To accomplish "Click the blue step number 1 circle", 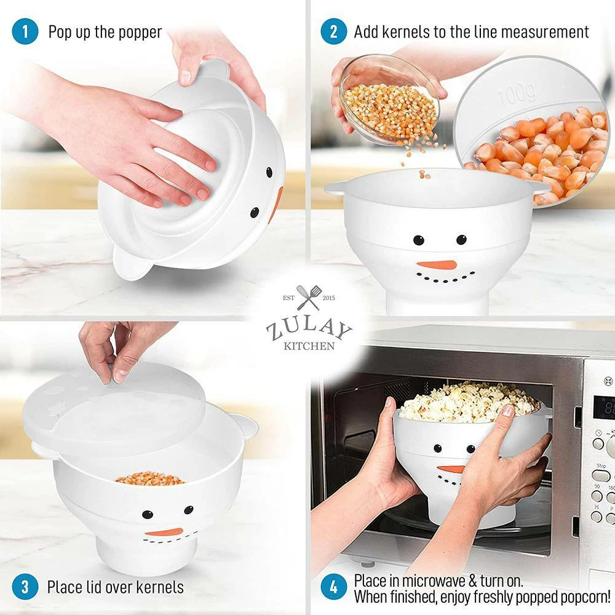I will click(x=25, y=32).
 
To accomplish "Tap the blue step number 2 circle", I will click(x=333, y=32).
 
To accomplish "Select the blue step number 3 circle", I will click(x=25, y=586).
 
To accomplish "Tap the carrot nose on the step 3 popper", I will click(x=164, y=532).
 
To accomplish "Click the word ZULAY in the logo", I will click(x=309, y=328).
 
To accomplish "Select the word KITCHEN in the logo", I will click(x=309, y=346).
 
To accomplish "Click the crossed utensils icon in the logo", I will click(x=308, y=298).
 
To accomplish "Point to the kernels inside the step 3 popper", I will click(x=149, y=478).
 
